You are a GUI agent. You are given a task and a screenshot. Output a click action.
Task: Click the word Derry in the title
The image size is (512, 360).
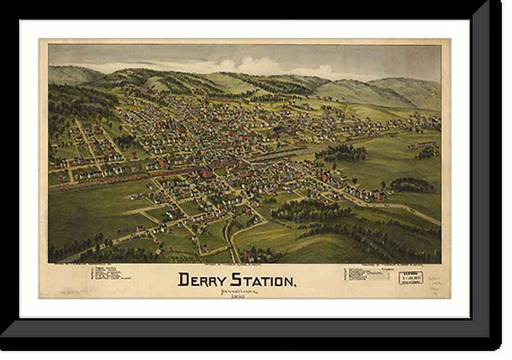[201, 279]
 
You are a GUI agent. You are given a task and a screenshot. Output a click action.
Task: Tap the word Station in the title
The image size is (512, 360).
[262, 279]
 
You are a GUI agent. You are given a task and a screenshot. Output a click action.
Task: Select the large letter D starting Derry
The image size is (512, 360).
[183, 279]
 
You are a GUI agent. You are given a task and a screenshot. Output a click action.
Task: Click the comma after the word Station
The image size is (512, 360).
[294, 284]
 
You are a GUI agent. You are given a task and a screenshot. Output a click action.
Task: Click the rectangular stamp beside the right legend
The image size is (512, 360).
[411, 278]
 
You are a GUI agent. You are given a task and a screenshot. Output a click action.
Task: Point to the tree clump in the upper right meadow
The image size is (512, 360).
[341, 152]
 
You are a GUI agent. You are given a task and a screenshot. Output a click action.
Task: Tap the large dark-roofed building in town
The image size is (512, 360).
[280, 134]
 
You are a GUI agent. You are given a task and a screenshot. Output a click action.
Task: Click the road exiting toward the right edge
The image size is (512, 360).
[417, 214]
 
